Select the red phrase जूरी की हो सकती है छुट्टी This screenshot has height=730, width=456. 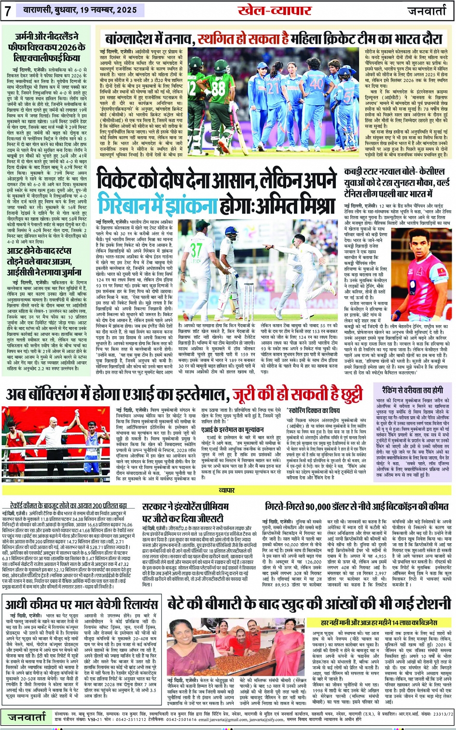[296, 395]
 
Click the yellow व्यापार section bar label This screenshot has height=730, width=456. [227, 490]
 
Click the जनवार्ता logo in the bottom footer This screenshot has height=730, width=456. [27, 717]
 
